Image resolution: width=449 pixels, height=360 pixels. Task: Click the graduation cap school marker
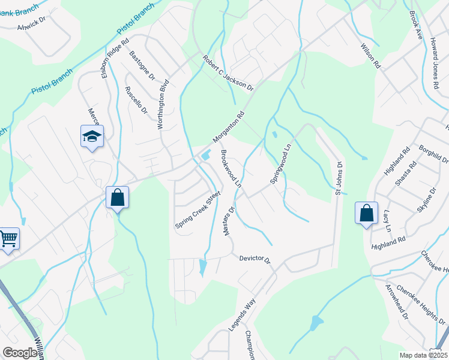[92, 137]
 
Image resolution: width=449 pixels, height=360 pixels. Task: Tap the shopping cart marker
[8, 239]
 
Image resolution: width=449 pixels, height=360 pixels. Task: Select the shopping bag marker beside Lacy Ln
[366, 214]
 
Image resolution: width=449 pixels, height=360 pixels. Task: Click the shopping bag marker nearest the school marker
[117, 197]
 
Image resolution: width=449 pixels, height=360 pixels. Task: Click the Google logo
[20, 353]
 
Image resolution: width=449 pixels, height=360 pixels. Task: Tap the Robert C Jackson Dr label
[228, 74]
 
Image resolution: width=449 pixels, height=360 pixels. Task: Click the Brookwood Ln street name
[231, 168]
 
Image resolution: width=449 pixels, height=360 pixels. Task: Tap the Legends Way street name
[243, 314]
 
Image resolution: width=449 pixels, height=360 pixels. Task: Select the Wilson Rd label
[370, 55]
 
